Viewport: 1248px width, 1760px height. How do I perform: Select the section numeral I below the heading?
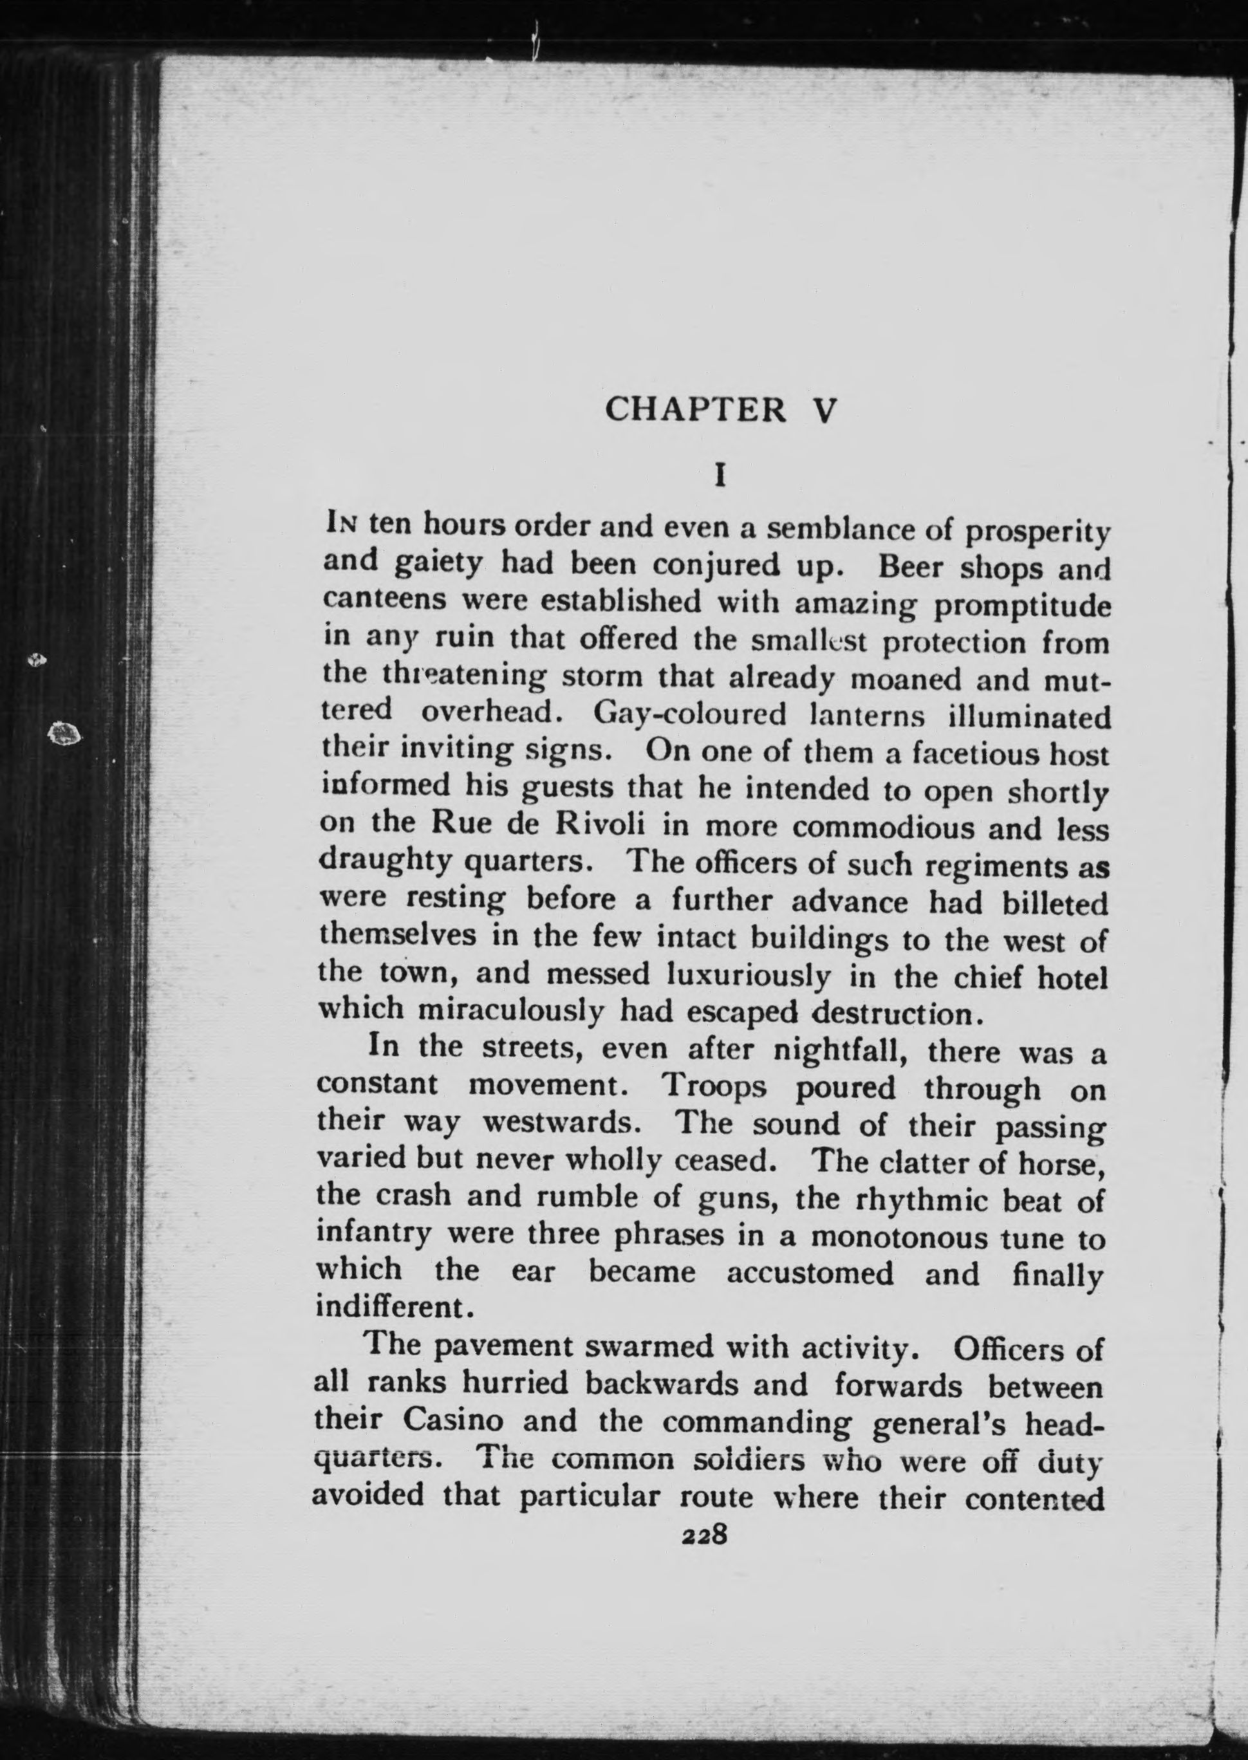coord(720,476)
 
